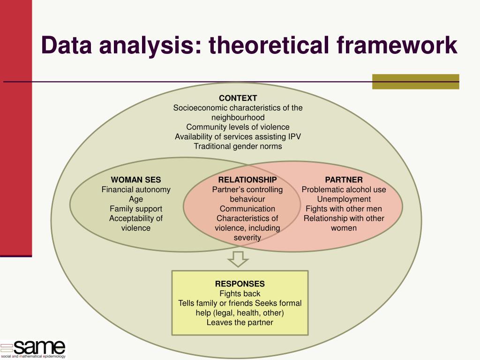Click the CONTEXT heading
coord(238,98)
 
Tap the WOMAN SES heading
coord(136,180)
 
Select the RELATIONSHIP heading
coord(247,180)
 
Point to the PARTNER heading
coord(344,180)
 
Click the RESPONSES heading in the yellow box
coord(240,284)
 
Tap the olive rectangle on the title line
coord(415,81)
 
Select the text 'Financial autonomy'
coord(136,189)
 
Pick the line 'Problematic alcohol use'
coord(344,189)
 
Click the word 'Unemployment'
coord(344,199)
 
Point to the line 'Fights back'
coord(240,293)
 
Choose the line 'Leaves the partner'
coord(240,322)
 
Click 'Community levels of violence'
coord(238,127)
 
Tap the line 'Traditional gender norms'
coord(238,146)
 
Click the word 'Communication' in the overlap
coord(247,209)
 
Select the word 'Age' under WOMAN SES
coord(136,199)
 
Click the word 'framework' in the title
coord(397,45)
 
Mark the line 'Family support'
coord(136,209)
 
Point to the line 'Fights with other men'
coord(344,209)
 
